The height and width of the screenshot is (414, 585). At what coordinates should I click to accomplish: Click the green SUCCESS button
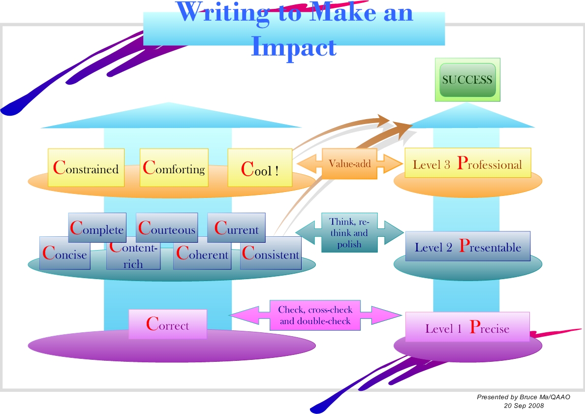pyautogui.click(x=467, y=80)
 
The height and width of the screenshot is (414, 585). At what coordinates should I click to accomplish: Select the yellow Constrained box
pyautogui.click(x=86, y=168)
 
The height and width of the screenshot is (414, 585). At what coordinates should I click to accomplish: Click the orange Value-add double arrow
pyautogui.click(x=350, y=163)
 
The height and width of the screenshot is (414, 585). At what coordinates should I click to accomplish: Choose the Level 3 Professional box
pyautogui.click(x=467, y=163)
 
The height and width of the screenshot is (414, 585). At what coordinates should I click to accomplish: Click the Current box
pyautogui.click(x=236, y=228)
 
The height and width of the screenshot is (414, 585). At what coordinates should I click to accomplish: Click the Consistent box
pyautogui.click(x=271, y=254)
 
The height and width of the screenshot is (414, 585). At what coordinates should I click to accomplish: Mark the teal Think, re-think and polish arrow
pyautogui.click(x=349, y=233)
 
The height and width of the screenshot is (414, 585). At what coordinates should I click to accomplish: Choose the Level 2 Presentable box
pyautogui.click(x=467, y=246)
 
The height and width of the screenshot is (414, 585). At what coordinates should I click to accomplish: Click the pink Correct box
pyautogui.click(x=167, y=324)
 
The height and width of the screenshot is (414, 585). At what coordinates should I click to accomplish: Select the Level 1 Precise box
pyautogui.click(x=467, y=327)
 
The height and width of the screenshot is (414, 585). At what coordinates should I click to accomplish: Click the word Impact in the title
pyautogui.click(x=294, y=48)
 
